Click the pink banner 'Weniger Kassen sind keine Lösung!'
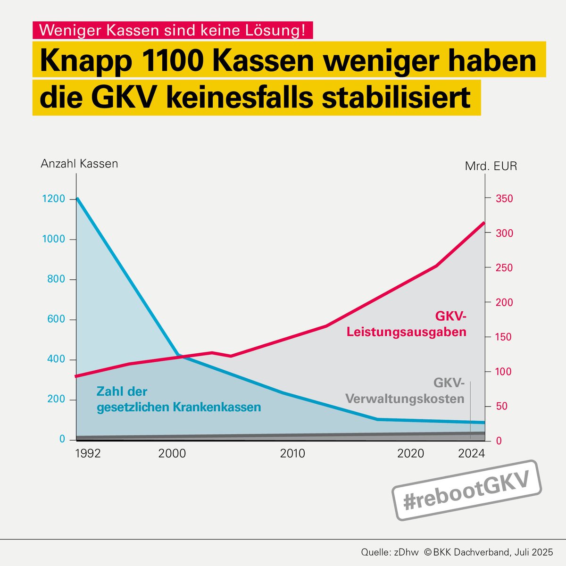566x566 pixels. point(172,30)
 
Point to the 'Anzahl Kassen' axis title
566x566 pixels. point(79,164)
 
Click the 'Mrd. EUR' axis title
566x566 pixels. point(491,166)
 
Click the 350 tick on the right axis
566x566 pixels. point(504,199)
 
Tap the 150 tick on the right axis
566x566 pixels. point(504,337)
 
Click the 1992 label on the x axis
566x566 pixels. point(88,454)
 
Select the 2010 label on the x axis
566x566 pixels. point(292,454)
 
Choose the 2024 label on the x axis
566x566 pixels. point(472,454)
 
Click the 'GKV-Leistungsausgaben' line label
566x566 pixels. point(406,324)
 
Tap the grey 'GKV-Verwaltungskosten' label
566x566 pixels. point(405,391)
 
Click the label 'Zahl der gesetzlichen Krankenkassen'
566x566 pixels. point(178,399)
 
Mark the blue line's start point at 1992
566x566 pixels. point(77,198)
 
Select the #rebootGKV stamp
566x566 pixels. point(467,491)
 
